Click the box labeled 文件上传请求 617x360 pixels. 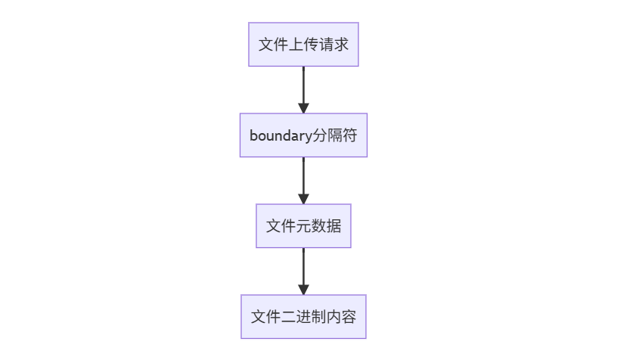point(303,45)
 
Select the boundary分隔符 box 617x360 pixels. point(303,135)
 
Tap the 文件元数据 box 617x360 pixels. point(303,226)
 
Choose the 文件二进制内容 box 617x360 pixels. point(303,317)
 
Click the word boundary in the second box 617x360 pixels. point(281,135)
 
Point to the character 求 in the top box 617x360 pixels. point(341,45)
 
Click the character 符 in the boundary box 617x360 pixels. point(349,135)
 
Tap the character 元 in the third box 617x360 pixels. point(303,226)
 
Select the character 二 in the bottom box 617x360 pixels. point(288,317)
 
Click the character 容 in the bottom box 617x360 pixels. point(349,317)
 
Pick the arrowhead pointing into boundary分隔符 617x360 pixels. point(303,108)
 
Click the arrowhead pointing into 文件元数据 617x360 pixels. point(303,199)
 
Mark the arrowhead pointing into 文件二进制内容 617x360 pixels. point(303,290)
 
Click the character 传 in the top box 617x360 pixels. point(311,45)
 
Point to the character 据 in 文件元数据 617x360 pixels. point(333,226)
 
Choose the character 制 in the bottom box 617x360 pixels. point(318,317)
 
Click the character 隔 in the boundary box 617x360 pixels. point(335,135)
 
